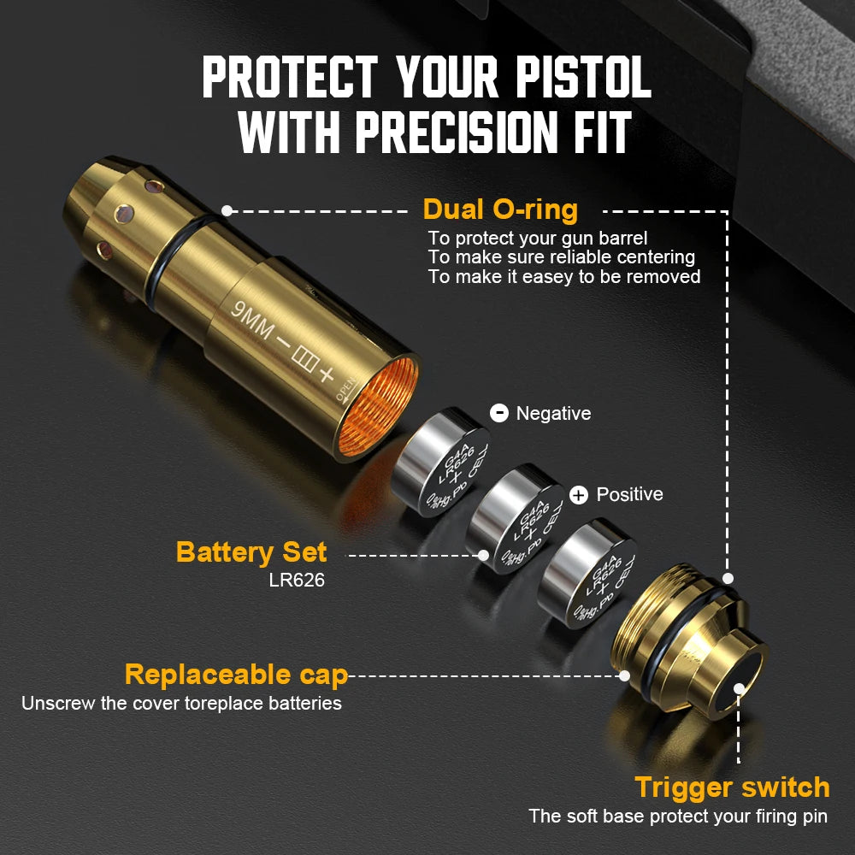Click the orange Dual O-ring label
click(x=500, y=209)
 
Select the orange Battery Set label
click(x=251, y=551)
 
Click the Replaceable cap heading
click(x=236, y=675)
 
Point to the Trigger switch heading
click(x=732, y=787)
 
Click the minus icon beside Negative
click(x=499, y=414)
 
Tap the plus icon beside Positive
click(x=579, y=495)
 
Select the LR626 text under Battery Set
click(x=297, y=581)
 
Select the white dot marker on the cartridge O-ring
click(x=227, y=210)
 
